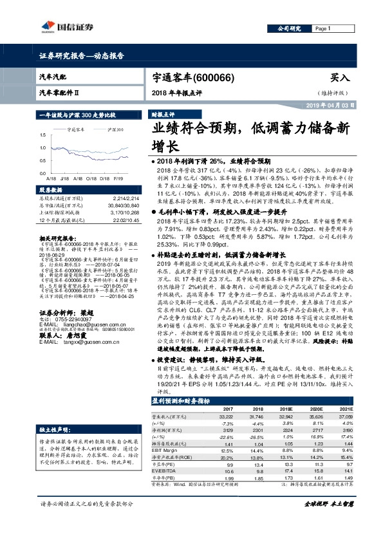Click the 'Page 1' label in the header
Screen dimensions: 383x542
322,29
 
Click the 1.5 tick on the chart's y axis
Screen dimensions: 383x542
43,135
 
